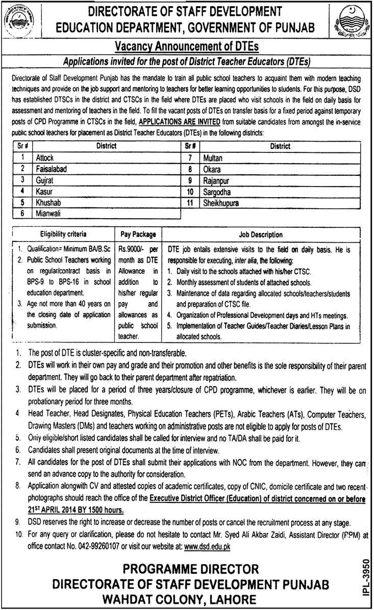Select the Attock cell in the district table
[44, 158]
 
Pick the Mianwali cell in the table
[48, 214]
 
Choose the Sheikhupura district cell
[220, 203]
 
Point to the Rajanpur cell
[215, 180]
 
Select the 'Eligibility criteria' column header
[64, 234]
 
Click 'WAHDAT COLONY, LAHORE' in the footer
[186, 598]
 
